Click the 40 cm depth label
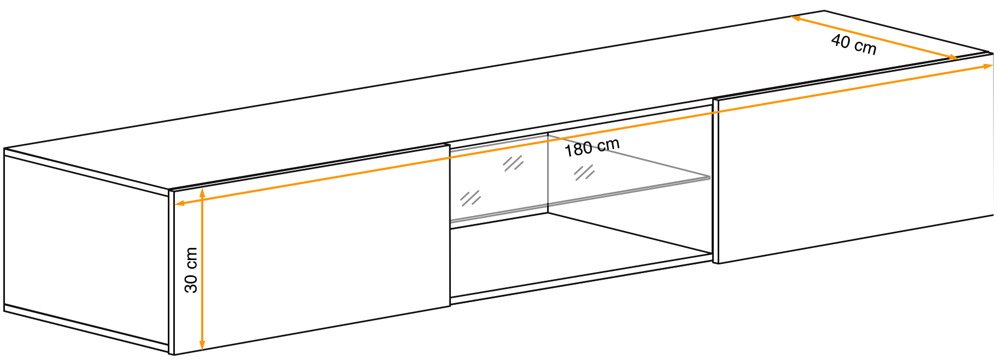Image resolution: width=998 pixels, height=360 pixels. pos(854,44)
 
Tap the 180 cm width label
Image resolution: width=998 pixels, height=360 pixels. pos(592,147)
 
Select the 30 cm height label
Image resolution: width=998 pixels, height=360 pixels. pos(191,270)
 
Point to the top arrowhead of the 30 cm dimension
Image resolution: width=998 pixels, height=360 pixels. pos(202,192)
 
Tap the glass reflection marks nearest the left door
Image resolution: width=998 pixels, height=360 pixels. pos(470,198)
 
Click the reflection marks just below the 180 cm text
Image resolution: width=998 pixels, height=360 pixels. pos(584,173)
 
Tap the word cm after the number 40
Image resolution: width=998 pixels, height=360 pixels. pos(865,47)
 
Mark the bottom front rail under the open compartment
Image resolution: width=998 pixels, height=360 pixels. pos(579,280)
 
